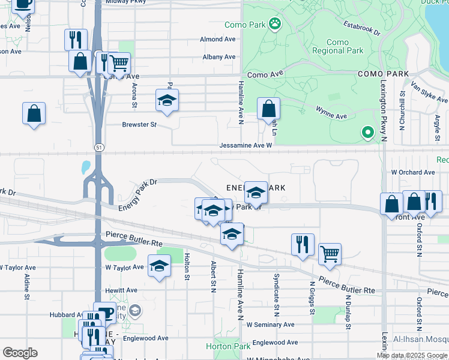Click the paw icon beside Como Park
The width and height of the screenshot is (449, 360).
point(275,24)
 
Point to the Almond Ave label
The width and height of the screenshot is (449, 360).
point(217,40)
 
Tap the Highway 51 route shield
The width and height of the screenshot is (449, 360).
point(97,147)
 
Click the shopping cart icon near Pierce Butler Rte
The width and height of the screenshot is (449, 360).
point(330,254)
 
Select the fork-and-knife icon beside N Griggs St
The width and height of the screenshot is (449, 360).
point(302,244)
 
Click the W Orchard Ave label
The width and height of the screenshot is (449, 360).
point(412,172)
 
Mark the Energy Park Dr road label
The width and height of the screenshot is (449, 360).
point(137,194)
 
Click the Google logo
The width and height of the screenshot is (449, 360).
point(20,353)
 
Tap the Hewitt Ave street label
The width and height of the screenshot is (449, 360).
point(122,290)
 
